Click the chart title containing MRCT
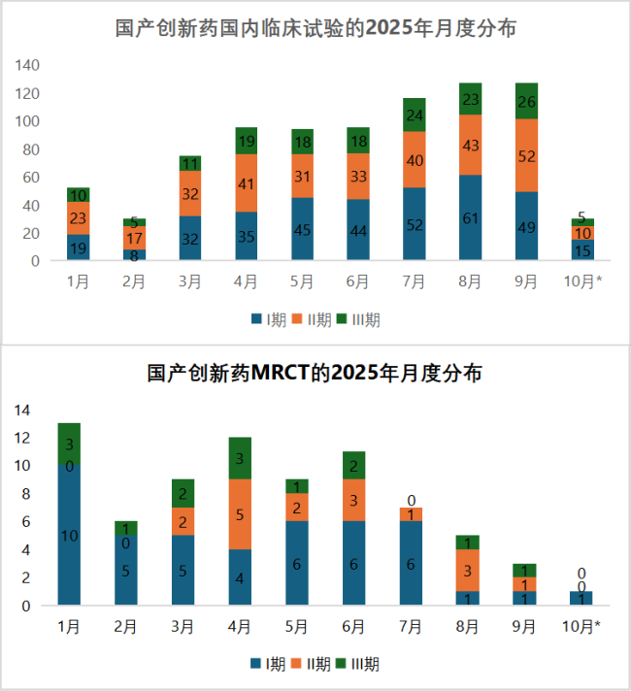tap(315, 374)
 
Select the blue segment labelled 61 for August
tap(470, 217)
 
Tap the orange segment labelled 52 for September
tap(526, 155)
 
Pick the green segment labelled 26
tap(526, 101)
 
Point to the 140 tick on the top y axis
tap(27, 65)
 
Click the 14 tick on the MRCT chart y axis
tap(22, 410)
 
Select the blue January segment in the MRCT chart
tap(69, 536)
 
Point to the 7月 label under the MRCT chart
tap(413, 627)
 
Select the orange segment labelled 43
tap(470, 145)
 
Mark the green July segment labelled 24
tap(414, 115)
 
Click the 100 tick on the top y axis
tap(27, 121)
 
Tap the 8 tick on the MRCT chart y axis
tap(25, 494)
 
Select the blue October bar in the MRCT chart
tap(581, 598)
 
